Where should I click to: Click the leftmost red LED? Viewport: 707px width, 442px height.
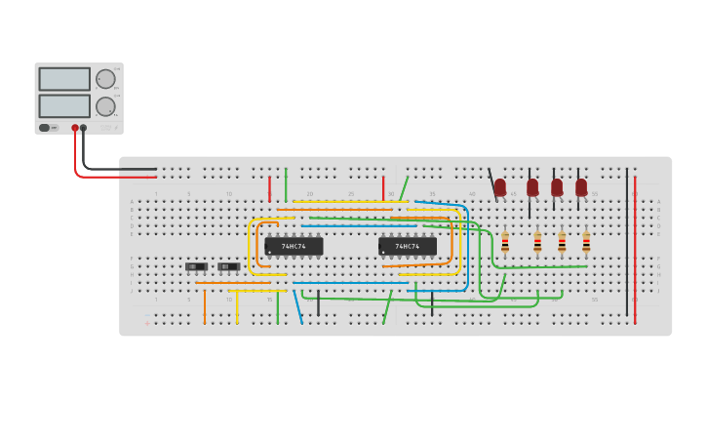500,186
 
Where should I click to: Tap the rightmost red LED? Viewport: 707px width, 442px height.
581,186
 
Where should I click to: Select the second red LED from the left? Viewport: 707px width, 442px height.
532,186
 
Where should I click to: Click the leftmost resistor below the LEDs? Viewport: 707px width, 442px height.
505,241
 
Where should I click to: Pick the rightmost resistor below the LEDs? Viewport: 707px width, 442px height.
586,241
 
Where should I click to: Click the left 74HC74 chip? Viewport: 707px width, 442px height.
294,247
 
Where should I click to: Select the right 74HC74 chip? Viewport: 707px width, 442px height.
408,247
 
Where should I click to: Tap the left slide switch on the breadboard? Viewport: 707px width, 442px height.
196,266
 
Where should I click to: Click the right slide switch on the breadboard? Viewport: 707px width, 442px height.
228,266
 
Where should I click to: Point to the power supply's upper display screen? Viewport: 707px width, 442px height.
64,79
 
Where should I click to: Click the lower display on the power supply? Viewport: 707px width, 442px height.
64,105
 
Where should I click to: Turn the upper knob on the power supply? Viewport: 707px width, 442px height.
105,79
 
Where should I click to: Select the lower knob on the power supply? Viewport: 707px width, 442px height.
105,106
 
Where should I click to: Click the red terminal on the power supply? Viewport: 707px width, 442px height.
74,128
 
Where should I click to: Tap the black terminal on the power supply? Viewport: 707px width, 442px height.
83,128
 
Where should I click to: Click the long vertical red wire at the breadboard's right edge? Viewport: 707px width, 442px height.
635,249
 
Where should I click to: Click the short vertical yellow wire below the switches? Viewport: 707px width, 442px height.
237,306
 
